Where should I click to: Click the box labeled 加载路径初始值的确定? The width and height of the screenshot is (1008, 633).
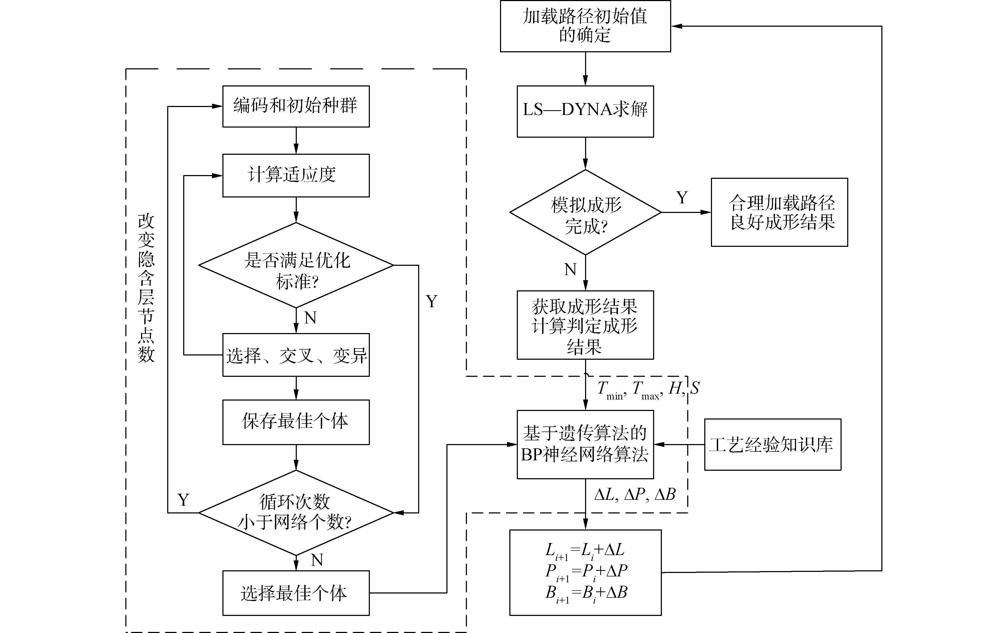pos(585,26)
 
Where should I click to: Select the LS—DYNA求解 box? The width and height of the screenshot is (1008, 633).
pos(585,111)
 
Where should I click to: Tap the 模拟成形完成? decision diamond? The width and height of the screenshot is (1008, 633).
pos(585,212)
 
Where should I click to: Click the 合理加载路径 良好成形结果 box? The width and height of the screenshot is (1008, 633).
pos(779,212)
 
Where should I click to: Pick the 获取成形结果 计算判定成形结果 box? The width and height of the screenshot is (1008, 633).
pos(585,325)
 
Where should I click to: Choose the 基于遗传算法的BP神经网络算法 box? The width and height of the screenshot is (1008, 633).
pos(585,444)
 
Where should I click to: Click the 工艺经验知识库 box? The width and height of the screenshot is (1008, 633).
pos(773,444)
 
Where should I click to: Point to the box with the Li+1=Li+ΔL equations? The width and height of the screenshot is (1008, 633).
pos(585,572)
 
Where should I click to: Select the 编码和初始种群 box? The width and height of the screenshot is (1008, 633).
pos(296,106)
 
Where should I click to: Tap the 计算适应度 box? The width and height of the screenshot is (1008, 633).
pos(296,175)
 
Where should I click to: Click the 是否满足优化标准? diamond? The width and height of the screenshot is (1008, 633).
pos(296,265)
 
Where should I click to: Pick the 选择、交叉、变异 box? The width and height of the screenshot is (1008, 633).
pos(296,355)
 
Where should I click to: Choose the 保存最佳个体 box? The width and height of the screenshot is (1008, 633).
pos(296,422)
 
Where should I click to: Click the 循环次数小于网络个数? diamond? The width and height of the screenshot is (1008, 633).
pos(296,512)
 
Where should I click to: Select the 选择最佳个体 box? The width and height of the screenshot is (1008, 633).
pos(296,593)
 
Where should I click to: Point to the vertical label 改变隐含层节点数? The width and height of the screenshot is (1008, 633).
pos(146,288)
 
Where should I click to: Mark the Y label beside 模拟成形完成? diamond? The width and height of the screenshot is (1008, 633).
pos(682,197)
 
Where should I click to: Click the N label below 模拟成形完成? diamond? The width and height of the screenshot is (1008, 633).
pos(570,269)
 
